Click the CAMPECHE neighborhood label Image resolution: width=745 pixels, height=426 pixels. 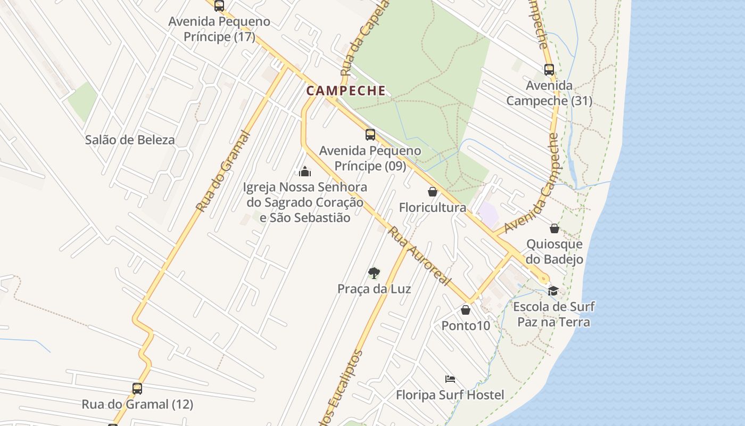pyautogui.click(x=346, y=91)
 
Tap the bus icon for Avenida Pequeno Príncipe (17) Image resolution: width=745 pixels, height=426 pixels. pyautogui.click(x=219, y=6)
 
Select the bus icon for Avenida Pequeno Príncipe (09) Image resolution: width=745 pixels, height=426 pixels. pyautogui.click(x=370, y=135)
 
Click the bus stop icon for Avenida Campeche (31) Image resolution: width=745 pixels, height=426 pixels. pyautogui.click(x=549, y=70)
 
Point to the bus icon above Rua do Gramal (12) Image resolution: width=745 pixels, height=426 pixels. pyautogui.click(x=137, y=389)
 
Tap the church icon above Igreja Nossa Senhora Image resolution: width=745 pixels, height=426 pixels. pyautogui.click(x=305, y=171)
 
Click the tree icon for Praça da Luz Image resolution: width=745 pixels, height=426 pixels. pyautogui.click(x=374, y=273)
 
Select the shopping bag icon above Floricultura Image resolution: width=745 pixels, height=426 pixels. pyautogui.click(x=433, y=192)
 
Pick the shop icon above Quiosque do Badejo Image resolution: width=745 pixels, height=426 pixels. pyautogui.click(x=554, y=228)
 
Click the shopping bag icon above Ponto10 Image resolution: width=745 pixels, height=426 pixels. pyautogui.click(x=466, y=310)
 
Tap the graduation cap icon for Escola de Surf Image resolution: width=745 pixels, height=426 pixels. pyautogui.click(x=553, y=291)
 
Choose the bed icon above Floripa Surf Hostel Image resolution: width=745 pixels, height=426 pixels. pyautogui.click(x=450, y=379)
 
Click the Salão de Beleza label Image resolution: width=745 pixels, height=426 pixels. pyautogui.click(x=130, y=140)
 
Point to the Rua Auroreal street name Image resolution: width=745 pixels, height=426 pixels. pyautogui.click(x=419, y=256)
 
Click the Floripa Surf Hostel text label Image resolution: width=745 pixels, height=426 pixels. pyautogui.click(x=450, y=395)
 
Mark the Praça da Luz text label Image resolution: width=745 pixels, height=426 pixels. pyautogui.click(x=374, y=289)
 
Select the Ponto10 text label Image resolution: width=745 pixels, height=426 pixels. pyautogui.click(x=466, y=325)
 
